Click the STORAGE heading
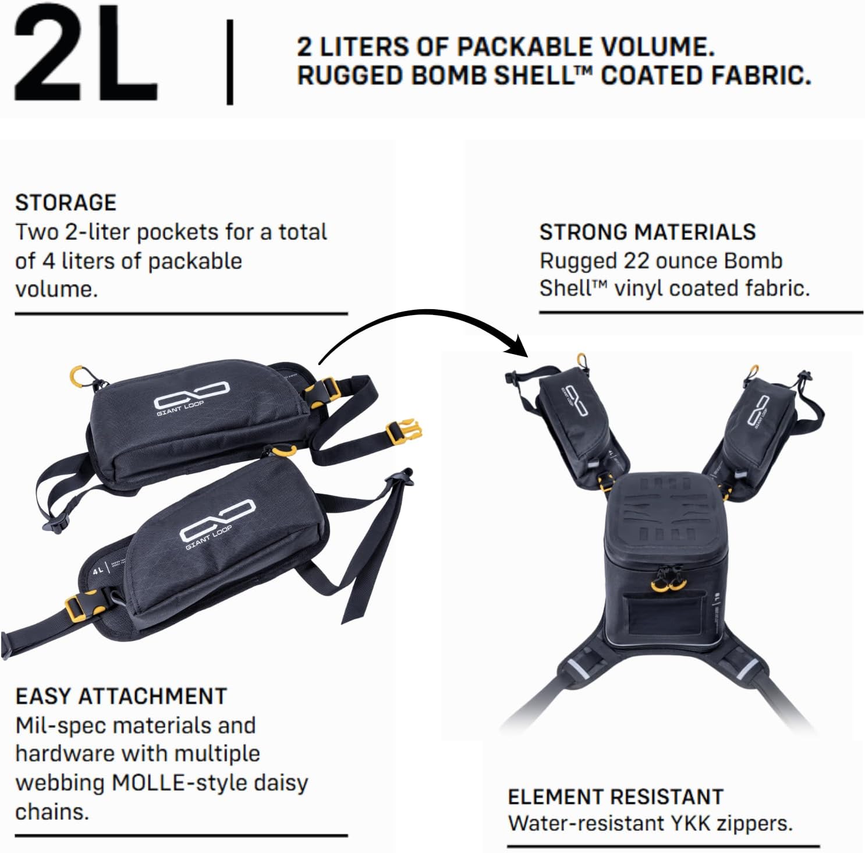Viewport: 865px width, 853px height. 66,203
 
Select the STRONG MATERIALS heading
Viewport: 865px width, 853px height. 647,232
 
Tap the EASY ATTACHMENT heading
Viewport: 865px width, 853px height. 121,696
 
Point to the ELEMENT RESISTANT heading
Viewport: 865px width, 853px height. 615,797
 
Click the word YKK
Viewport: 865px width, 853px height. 690,823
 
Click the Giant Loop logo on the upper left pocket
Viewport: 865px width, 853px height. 191,398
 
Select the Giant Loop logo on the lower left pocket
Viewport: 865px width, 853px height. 217,524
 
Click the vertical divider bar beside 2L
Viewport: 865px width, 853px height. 230,62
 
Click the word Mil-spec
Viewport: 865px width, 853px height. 59,726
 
